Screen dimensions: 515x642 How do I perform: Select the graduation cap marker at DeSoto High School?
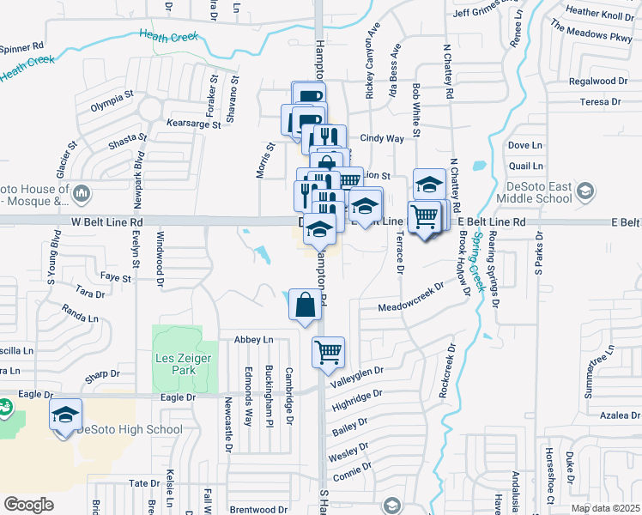click(x=66, y=416)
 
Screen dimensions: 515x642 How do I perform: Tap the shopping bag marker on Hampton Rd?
click(x=306, y=305)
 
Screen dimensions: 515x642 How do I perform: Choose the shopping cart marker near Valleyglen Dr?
click(x=328, y=353)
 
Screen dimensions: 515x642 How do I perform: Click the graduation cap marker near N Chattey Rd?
click(x=429, y=184)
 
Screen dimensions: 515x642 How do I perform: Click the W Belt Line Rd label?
click(x=106, y=221)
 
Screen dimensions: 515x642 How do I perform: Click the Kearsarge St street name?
click(x=194, y=124)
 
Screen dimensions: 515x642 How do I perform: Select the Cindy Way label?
click(x=382, y=138)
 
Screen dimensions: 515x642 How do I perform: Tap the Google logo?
click(x=29, y=505)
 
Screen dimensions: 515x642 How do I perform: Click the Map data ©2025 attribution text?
click(x=605, y=509)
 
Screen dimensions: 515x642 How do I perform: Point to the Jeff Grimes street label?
click(x=486, y=12)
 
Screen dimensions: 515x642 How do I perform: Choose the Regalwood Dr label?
click(x=598, y=82)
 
